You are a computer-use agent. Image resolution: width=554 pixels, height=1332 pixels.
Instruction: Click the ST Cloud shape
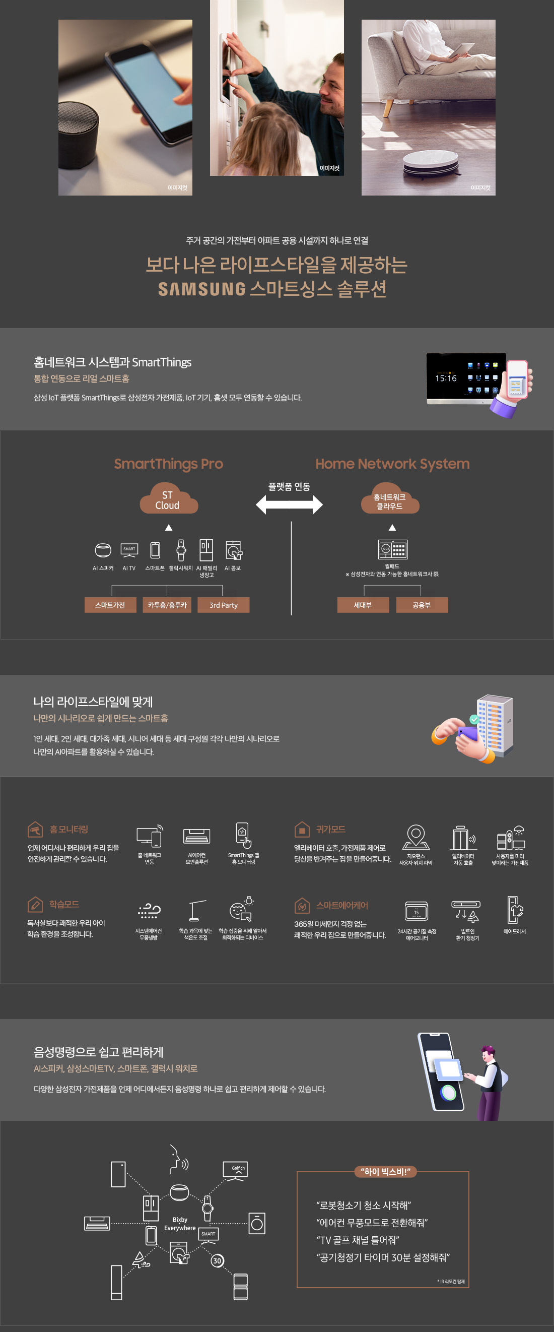pos(168,499)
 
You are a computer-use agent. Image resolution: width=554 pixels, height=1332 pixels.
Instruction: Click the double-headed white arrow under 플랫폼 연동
pos(289,504)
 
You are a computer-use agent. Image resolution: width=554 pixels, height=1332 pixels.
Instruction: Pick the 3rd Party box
pos(223,605)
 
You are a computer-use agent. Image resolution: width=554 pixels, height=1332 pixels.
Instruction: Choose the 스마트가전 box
pos(110,605)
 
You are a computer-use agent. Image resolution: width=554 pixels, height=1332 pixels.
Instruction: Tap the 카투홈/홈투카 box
pos(167,605)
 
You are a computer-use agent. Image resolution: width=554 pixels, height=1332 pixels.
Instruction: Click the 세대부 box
pos(363,605)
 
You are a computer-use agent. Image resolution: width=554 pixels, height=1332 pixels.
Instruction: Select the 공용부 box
pos(422,605)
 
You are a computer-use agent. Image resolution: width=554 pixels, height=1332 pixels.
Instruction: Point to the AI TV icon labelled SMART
pos(129,550)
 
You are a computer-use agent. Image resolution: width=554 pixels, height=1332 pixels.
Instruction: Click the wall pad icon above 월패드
pos(393,549)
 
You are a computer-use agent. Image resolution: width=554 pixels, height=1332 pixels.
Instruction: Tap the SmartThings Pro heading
pos(169,464)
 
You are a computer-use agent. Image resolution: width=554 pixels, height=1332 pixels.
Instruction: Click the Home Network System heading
pos(392,464)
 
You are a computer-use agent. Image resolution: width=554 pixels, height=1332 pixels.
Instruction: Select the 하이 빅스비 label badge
pos(385,1172)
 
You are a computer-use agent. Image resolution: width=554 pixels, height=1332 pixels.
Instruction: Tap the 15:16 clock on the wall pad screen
pos(446,378)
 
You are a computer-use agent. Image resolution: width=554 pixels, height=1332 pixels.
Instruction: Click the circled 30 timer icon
pos(217,1260)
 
